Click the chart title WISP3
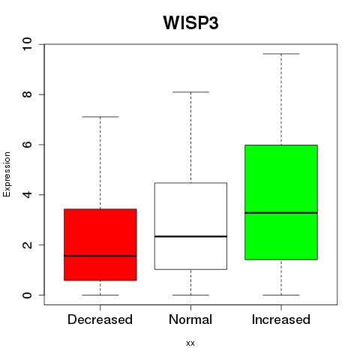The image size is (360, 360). pyautogui.click(x=190, y=22)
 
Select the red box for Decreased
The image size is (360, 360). pyautogui.click(x=100, y=244)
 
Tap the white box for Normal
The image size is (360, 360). pyautogui.click(x=190, y=226)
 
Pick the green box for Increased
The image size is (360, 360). pyautogui.click(x=281, y=202)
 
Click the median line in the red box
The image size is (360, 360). pyautogui.click(x=100, y=256)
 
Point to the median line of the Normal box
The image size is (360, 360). pyautogui.click(x=190, y=236)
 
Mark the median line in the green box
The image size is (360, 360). pyautogui.click(x=281, y=213)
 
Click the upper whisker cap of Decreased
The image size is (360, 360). pyautogui.click(x=100, y=117)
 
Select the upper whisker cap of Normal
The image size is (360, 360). pyautogui.click(x=190, y=92)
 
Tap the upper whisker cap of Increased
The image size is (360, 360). pyautogui.click(x=281, y=54)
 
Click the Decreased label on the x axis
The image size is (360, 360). pyautogui.click(x=100, y=319)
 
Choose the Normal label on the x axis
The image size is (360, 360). pyautogui.click(x=190, y=319)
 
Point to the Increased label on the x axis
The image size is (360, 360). pyautogui.click(x=281, y=319)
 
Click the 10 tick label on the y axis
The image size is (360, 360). pyautogui.click(x=27, y=44)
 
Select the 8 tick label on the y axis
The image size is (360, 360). pyautogui.click(x=27, y=94)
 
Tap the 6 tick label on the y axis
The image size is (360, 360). pyautogui.click(x=27, y=145)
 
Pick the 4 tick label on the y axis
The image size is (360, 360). pyautogui.click(x=27, y=194)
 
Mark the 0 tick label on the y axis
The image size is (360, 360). pyautogui.click(x=27, y=295)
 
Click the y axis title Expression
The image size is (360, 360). pyautogui.click(x=7, y=174)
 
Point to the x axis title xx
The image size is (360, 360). pyautogui.click(x=190, y=343)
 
